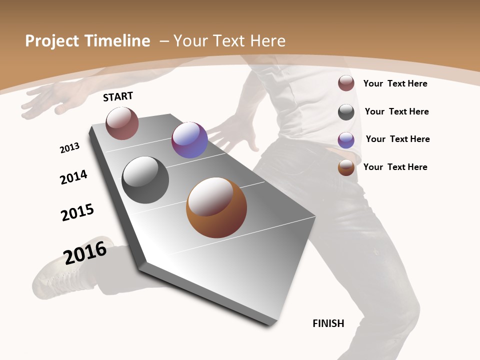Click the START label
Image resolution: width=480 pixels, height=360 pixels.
click(x=118, y=96)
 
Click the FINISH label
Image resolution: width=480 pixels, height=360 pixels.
click(x=328, y=323)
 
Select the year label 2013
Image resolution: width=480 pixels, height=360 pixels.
click(x=69, y=148)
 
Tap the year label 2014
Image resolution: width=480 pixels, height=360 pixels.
click(x=73, y=177)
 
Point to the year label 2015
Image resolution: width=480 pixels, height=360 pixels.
click(x=77, y=212)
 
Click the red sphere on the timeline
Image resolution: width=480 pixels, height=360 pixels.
click(x=122, y=123)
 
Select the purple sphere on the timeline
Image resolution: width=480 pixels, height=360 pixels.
click(x=189, y=140)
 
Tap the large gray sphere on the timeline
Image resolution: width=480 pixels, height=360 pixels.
click(x=145, y=180)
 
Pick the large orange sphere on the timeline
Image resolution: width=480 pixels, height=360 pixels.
click(x=216, y=207)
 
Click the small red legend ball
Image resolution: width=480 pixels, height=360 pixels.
click(x=346, y=83)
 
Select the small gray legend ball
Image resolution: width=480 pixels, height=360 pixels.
click(x=346, y=112)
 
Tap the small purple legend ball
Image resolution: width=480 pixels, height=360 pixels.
click(x=346, y=140)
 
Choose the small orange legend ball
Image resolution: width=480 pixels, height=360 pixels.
click(x=346, y=167)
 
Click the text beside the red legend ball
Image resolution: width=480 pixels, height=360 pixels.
click(x=395, y=83)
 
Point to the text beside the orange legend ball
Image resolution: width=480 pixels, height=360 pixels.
click(x=395, y=167)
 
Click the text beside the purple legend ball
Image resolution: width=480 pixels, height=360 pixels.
click(x=397, y=139)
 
